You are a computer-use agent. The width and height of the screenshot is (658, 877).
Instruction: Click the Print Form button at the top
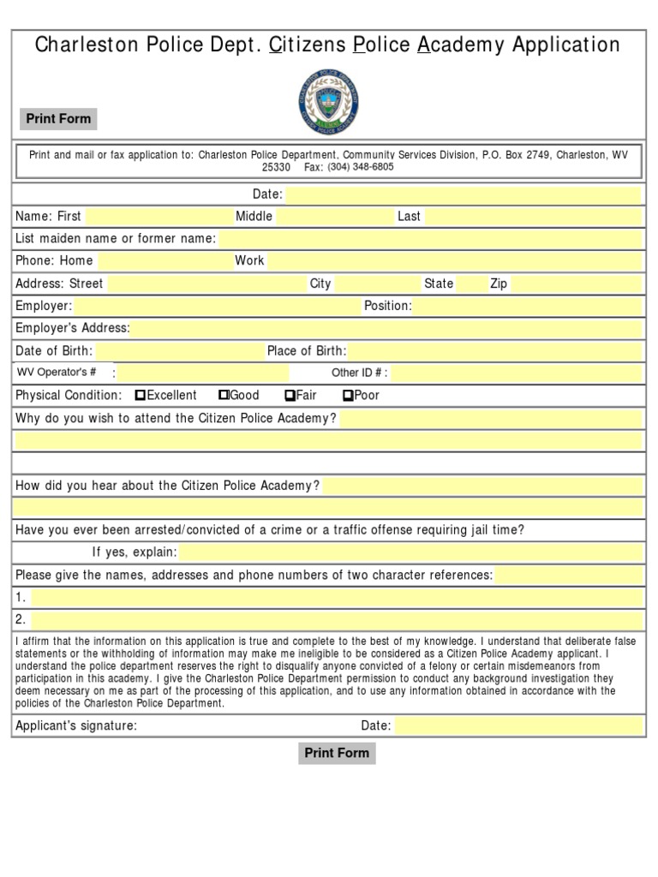click(58, 119)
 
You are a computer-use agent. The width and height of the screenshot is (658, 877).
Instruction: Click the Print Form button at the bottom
click(337, 753)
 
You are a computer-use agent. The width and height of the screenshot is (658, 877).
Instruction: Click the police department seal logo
click(328, 100)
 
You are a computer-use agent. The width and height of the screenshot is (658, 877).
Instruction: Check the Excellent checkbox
click(141, 396)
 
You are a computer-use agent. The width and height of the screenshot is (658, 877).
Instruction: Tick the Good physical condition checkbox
click(224, 396)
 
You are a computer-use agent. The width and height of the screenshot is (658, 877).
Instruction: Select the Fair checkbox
click(290, 396)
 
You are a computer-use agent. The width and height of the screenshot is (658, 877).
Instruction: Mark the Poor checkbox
click(348, 396)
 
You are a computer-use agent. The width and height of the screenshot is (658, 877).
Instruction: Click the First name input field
click(155, 217)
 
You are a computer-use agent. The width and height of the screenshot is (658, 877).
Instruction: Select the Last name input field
click(532, 217)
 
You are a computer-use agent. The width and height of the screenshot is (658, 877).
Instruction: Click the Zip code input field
click(575, 283)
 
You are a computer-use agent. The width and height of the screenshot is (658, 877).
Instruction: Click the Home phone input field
click(162, 261)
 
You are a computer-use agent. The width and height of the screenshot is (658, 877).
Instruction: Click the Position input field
click(527, 306)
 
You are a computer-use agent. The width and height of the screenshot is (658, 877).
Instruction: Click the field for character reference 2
click(337, 619)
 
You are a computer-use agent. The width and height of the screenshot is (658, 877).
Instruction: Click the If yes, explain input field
click(410, 552)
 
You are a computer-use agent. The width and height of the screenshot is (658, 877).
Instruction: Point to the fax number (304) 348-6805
click(360, 167)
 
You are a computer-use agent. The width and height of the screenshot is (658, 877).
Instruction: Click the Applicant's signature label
click(76, 726)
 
